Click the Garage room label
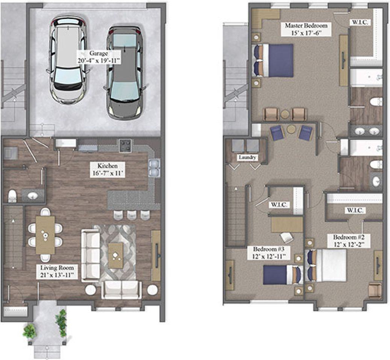coord(99,57)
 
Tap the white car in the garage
coord(68,60)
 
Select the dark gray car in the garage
coord(125,73)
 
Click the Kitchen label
coord(107,170)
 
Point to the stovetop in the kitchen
coord(125,146)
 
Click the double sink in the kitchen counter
coord(154,168)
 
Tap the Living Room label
coord(57,271)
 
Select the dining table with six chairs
coord(45,235)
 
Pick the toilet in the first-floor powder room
coord(12,196)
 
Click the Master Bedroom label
coord(306,29)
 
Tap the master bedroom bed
coord(273,61)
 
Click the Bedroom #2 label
coord(349,240)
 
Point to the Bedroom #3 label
coord(268,253)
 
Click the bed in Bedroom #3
coord(283,275)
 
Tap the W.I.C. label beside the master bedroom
coord(360,22)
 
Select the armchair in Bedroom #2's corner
coord(375,290)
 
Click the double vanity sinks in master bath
coord(367,131)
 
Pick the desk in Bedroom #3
coord(287,224)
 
